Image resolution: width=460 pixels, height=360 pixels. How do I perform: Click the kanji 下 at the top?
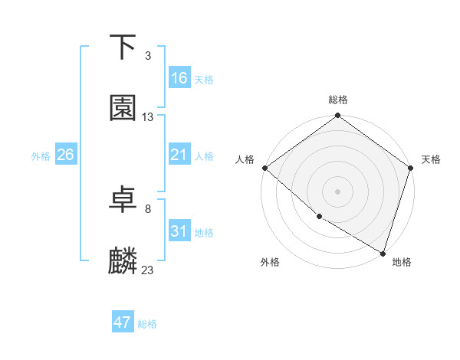coord(123,47)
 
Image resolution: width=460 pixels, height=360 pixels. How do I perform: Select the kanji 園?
coord(123,108)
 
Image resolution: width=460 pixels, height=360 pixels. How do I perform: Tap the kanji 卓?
coord(123,200)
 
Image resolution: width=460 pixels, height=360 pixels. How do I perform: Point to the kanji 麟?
coord(123,260)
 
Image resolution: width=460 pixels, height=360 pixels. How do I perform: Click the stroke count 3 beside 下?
coord(148,56)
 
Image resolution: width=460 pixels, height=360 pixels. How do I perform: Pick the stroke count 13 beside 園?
coord(148,117)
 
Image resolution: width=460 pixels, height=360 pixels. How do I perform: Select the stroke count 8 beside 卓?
coord(148,208)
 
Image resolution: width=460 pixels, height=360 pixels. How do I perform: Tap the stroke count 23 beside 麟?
coord(148,270)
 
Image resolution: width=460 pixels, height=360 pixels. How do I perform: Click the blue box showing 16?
coord(179,78)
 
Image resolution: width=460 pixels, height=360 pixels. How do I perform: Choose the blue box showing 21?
coord(179,155)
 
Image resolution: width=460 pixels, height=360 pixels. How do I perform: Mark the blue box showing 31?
coord(179,231)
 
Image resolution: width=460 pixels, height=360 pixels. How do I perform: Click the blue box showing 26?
coord(65,155)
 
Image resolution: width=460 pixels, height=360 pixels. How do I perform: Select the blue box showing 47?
coord(123,322)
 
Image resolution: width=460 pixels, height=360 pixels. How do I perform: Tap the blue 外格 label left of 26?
coord(41,155)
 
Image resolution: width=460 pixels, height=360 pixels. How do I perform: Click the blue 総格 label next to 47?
coord(147,324)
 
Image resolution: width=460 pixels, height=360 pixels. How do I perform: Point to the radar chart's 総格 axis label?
coord(338,100)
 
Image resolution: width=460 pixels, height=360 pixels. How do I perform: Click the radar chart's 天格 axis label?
coord(431,159)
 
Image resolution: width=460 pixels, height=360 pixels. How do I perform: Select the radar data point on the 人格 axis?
coord(264,168)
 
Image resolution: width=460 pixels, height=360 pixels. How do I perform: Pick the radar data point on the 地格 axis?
coord(383,253)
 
